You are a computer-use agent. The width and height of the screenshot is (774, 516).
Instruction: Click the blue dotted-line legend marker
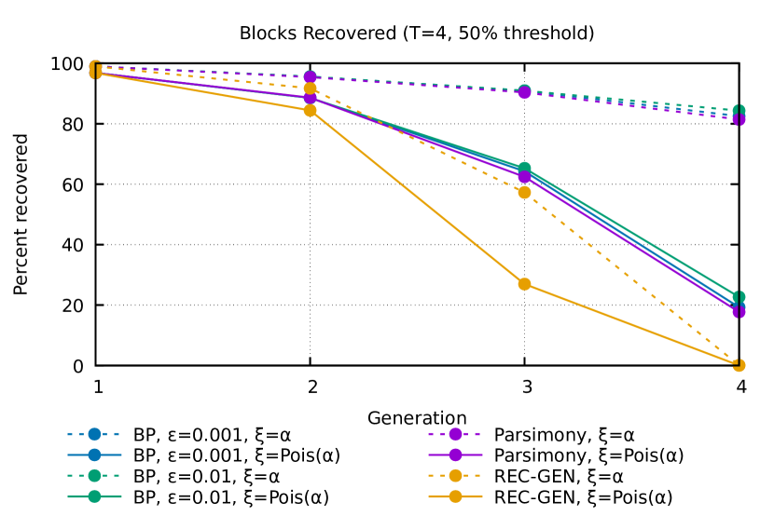[x=94, y=434]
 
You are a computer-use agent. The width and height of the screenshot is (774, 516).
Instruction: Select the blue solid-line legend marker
[x=94, y=455]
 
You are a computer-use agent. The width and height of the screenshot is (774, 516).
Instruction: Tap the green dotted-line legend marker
[x=94, y=475]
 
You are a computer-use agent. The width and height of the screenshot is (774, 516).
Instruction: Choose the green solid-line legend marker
[x=94, y=496]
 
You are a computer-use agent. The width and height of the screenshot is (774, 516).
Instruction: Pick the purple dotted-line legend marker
[x=455, y=434]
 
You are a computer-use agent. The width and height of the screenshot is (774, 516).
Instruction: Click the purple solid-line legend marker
[x=455, y=455]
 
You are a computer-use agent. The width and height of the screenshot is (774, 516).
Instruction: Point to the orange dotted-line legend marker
[x=455, y=475]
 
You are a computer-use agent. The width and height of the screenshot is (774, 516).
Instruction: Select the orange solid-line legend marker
[x=455, y=496]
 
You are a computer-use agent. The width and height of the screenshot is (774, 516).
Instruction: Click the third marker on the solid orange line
[x=524, y=284]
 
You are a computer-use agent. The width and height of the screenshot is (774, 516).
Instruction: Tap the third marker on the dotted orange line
[x=524, y=193]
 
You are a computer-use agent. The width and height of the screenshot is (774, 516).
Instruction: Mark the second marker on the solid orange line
[x=310, y=110]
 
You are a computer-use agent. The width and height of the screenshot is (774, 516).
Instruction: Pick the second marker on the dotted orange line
[x=310, y=88]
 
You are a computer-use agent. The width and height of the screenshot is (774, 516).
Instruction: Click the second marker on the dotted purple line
[x=310, y=76]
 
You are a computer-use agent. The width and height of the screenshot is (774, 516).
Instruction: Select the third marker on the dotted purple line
[x=524, y=92]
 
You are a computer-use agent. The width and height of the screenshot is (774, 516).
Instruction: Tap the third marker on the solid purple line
[x=524, y=177]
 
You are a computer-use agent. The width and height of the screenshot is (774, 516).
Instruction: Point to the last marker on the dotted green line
[x=739, y=110]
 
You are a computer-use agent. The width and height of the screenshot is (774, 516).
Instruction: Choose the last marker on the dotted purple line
[x=739, y=119]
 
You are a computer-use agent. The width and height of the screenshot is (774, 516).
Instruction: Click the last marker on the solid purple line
[x=739, y=311]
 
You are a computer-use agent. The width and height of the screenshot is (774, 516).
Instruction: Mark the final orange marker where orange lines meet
[x=739, y=365]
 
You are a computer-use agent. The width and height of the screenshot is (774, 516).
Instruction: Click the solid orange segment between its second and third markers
[x=417, y=197]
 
